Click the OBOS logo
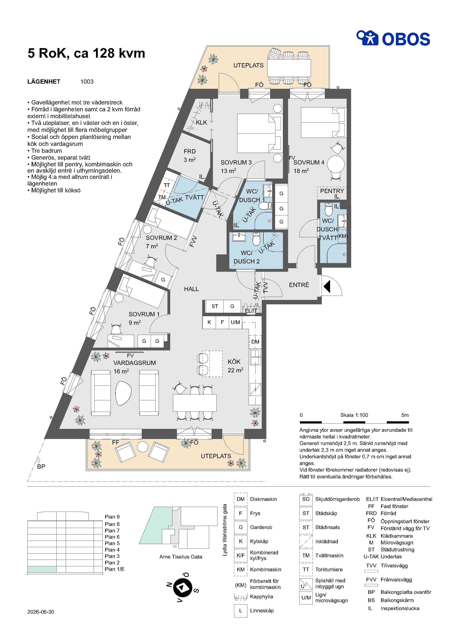[393, 38]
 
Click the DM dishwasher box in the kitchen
[255, 342]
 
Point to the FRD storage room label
[190, 151]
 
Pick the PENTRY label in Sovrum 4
[332, 191]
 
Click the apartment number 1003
[87, 82]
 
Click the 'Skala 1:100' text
[354, 415]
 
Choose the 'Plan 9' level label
[112, 517]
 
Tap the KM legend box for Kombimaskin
[241, 570]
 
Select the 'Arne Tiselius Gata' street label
[181, 557]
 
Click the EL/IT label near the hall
[251, 310]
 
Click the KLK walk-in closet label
[202, 123]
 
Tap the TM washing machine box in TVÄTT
[162, 197]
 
